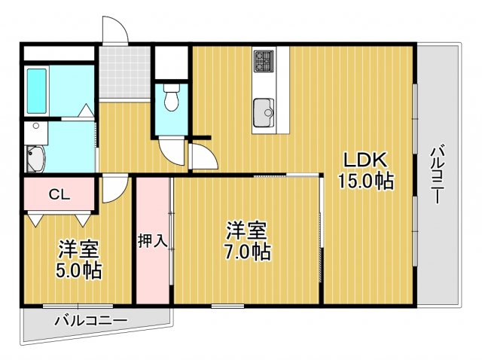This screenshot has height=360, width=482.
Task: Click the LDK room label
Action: pos(365,160)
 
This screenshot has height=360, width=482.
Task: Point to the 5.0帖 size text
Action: pos(78,270)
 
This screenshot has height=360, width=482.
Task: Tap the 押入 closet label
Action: pos(153,241)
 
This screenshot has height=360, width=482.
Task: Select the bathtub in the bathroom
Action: pos(37,90)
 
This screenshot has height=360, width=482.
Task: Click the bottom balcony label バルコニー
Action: pos(90,322)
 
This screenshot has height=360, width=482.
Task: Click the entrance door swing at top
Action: pos(114,32)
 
